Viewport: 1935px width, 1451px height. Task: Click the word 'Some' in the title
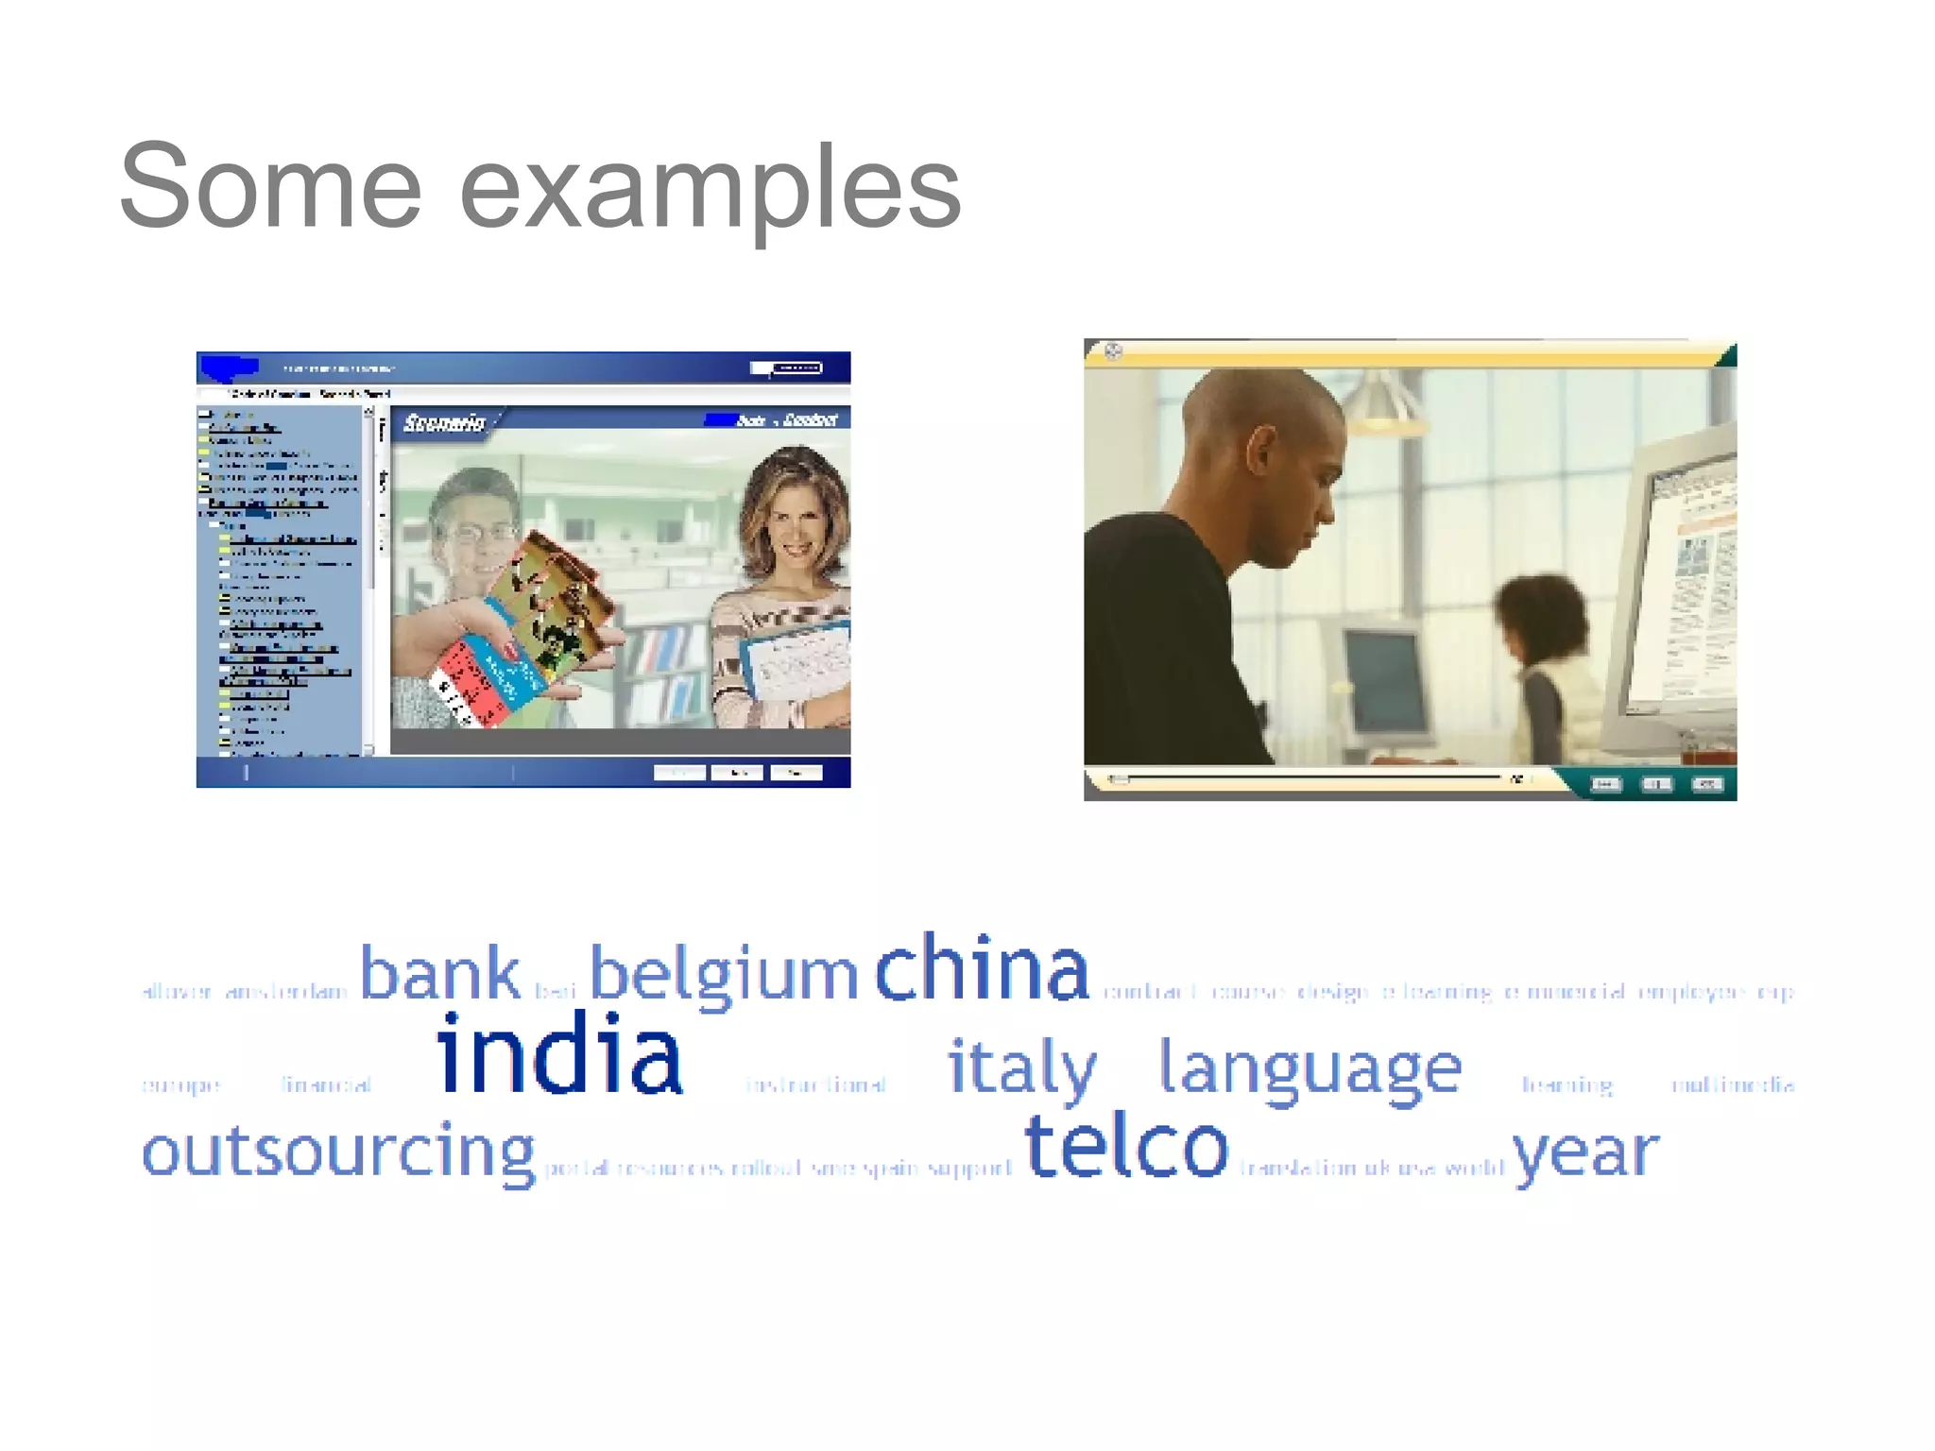coord(270,186)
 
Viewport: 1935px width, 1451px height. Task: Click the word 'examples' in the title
coord(711,189)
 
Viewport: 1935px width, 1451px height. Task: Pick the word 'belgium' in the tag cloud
coord(724,975)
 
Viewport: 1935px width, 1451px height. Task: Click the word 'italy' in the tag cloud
coord(1022,1067)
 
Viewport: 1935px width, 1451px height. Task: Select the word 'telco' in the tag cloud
coord(1126,1147)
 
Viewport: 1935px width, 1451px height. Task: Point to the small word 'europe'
coord(180,1085)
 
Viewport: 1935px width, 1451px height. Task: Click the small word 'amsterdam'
coord(286,992)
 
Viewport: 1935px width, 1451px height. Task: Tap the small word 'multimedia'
coord(1733,1084)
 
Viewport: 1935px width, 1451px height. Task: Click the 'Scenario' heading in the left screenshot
coord(444,422)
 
